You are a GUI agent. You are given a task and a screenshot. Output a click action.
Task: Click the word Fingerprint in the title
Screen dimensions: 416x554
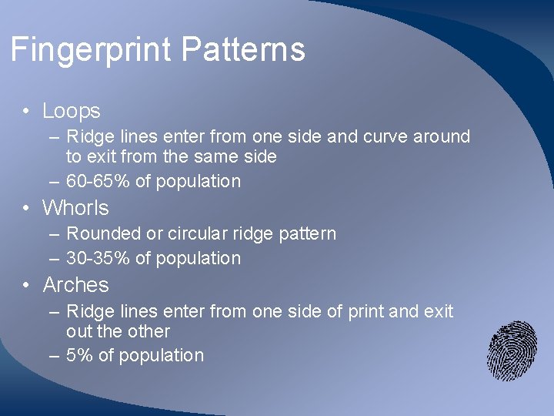click(x=92, y=51)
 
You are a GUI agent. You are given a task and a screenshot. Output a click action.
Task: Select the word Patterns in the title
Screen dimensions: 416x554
click(x=244, y=50)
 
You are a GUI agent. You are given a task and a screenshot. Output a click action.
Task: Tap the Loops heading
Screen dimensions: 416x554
click(x=72, y=111)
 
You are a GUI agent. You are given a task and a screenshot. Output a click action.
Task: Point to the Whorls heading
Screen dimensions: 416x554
click(x=75, y=208)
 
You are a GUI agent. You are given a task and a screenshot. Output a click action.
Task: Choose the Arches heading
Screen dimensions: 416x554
click(x=75, y=285)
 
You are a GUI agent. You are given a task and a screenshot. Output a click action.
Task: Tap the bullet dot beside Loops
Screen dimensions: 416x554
click(x=26, y=112)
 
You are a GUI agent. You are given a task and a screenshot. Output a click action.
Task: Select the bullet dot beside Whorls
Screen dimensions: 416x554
click(x=26, y=209)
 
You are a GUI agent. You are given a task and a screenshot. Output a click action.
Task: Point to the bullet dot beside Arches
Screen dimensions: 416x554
click(x=26, y=286)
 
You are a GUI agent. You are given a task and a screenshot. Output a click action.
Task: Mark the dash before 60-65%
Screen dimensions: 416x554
click(x=53, y=182)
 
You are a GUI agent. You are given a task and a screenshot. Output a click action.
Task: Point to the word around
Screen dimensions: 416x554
click(x=442, y=137)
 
